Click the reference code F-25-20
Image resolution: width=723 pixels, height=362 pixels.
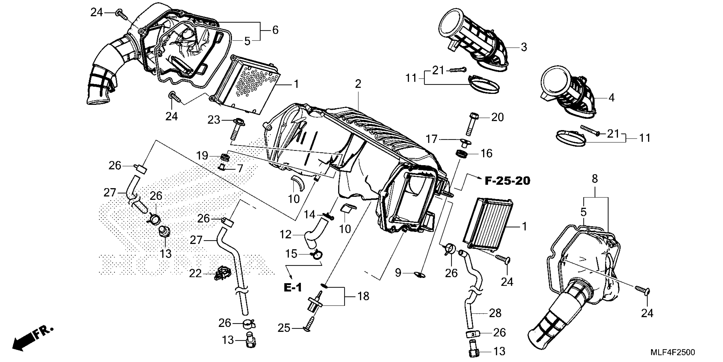(507, 181)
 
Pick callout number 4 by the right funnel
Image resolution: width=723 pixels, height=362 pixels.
(611, 98)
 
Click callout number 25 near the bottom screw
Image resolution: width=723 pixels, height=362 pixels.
(284, 328)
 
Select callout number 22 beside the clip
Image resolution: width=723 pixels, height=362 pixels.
(195, 273)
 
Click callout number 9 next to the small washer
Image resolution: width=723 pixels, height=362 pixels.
(398, 273)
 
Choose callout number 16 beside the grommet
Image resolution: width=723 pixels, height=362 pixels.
(486, 154)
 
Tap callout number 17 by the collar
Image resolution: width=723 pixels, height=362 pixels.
(432, 139)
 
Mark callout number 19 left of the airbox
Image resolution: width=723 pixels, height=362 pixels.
(202, 155)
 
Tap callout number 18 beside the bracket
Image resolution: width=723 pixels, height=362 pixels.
(363, 296)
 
